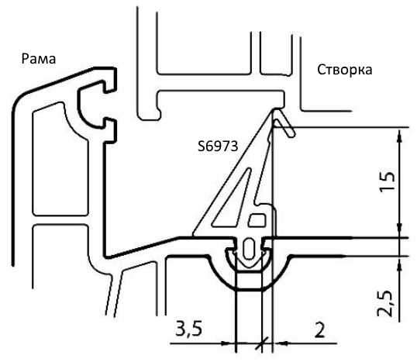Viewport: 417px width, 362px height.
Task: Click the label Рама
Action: [39, 59]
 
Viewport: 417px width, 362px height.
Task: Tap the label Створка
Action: [345, 70]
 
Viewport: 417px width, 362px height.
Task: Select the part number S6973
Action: [218, 146]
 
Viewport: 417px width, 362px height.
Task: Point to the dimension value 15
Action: [388, 182]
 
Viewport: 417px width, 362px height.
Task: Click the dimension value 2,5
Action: [385, 303]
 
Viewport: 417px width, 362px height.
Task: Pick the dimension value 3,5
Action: [189, 329]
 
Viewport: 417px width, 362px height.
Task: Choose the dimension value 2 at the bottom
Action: [319, 329]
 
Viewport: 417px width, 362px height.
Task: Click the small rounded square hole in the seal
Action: [257, 220]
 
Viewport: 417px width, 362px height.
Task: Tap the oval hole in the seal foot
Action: [249, 249]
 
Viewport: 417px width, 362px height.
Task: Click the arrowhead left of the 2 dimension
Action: [281, 343]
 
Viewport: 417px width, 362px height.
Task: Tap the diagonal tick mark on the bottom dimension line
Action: [262, 343]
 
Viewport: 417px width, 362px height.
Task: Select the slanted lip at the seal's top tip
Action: [284, 124]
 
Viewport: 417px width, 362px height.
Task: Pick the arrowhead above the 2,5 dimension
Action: [399, 264]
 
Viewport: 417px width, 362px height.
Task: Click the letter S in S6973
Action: [201, 146]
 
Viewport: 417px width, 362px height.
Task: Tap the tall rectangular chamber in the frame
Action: [60, 159]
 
